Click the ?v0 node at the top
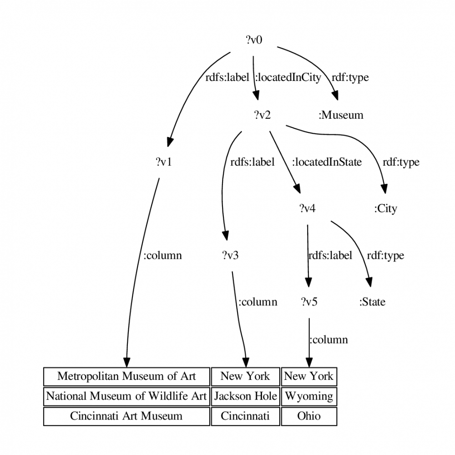254,40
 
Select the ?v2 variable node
263,115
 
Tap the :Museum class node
341,115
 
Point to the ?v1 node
164,162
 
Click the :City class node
385,209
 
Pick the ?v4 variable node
307,208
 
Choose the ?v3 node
230,255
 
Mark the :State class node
372,302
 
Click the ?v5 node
309,302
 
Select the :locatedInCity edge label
288,77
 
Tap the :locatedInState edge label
327,162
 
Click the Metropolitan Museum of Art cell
126,377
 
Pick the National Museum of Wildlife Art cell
126,396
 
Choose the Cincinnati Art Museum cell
126,416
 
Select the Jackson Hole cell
246,396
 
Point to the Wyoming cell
309,396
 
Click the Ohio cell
309,416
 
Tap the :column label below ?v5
329,340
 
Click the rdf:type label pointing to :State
385,256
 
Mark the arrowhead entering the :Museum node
335,96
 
